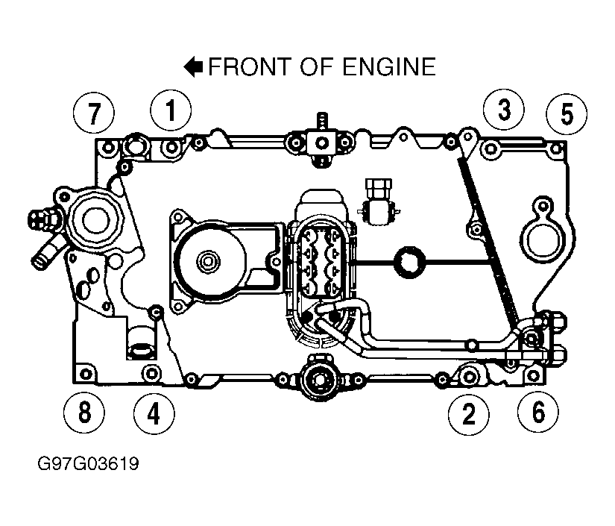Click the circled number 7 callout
tap(94, 113)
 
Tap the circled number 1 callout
tap(171, 110)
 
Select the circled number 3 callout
tap(504, 110)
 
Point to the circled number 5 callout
tap(567, 114)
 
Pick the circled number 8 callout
tap(84, 413)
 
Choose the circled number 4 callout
tap(154, 414)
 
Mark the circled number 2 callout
tap(469, 415)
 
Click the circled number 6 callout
tap(537, 413)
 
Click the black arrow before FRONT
tap(193, 66)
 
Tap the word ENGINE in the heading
tap(389, 66)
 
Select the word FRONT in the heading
tap(250, 66)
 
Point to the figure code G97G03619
tap(88, 463)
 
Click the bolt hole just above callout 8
tap(86, 375)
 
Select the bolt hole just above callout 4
tap(151, 373)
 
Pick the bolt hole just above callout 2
tap(469, 377)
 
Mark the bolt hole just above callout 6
tap(533, 375)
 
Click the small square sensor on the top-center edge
tap(321, 143)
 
